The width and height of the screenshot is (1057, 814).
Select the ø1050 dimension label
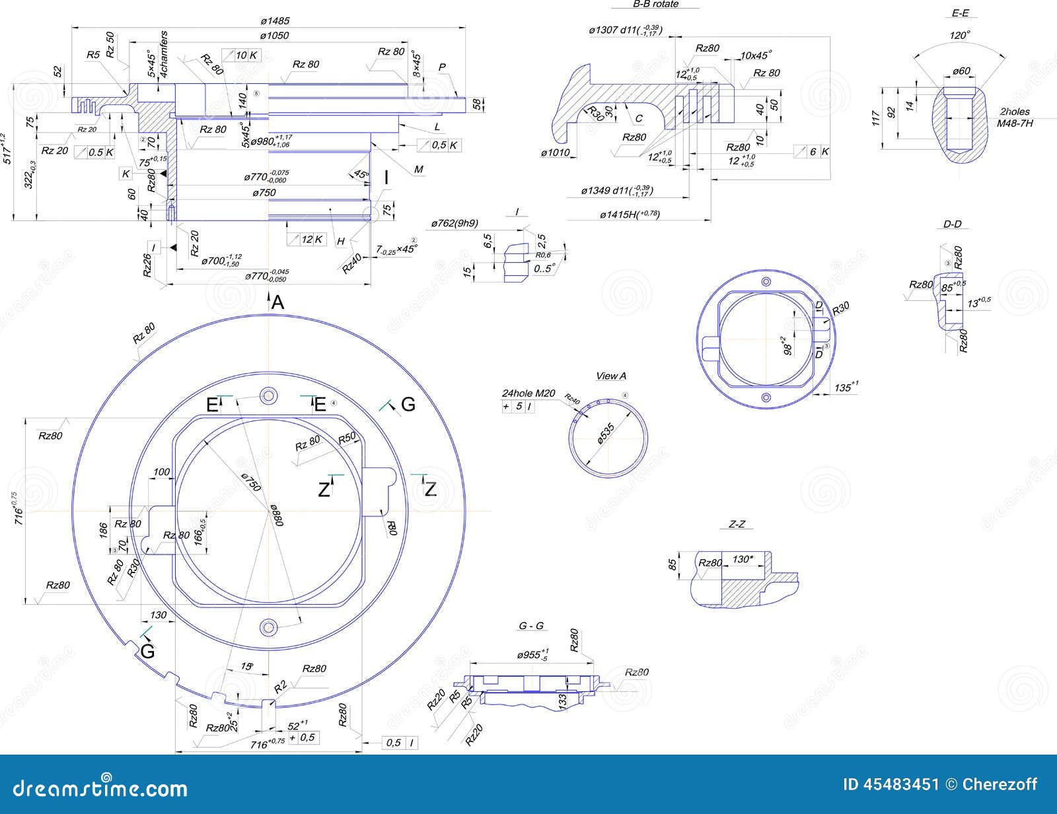coord(274,36)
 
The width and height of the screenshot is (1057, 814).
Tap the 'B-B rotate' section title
coord(655,4)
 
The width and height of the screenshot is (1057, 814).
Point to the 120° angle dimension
coord(959,36)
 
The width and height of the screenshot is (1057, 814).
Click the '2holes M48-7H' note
coord(1015,118)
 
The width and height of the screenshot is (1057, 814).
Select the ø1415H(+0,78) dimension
coord(630,214)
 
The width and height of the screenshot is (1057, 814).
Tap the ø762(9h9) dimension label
coord(455,223)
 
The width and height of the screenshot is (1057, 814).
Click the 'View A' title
coord(611,376)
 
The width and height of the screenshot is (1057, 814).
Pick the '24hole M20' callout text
coord(528,393)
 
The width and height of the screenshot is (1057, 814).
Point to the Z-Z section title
coord(737,524)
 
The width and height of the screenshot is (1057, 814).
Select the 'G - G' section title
coord(531,626)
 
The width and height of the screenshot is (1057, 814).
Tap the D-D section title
coord(952,224)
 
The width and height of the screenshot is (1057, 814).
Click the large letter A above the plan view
coord(277,302)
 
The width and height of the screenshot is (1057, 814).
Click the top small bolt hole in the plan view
coord(268,396)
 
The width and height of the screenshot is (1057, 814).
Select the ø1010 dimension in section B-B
coord(555,153)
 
